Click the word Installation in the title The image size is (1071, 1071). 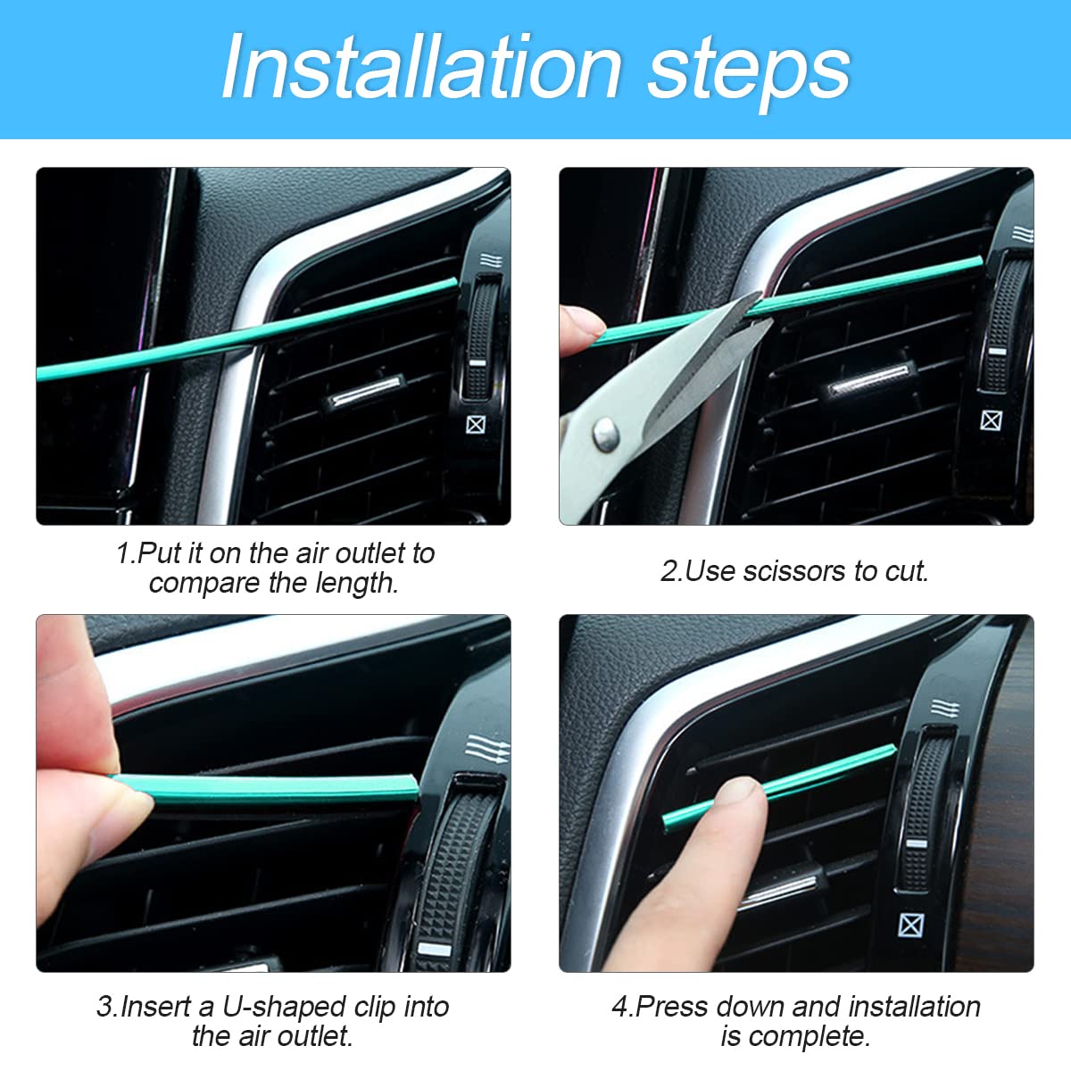421,68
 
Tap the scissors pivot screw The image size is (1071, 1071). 607,435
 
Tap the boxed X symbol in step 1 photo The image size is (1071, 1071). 476,425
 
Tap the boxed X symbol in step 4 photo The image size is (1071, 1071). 910,925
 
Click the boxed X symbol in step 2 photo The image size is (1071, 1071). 991,419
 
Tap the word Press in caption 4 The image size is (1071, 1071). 674,1007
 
